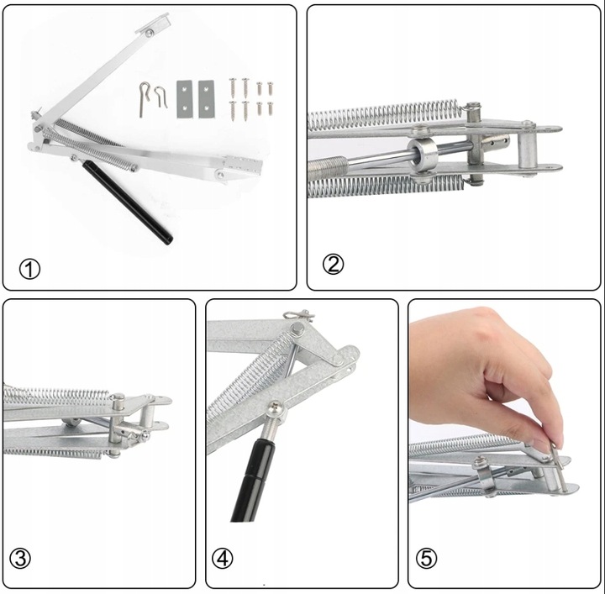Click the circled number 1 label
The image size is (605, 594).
[x=29, y=269]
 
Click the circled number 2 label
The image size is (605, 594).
[x=333, y=265]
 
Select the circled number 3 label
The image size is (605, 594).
[x=20, y=559]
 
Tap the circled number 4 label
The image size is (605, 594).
[x=222, y=559]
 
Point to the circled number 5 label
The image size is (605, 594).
[x=426, y=559]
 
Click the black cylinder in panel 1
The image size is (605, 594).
[x=128, y=202]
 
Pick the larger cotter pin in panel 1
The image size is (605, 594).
[x=144, y=99]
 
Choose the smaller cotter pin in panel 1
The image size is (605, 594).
[x=160, y=97]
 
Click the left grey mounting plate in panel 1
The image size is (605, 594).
[x=184, y=99]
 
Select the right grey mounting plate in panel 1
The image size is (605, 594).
[x=206, y=99]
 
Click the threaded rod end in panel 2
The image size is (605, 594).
[x=328, y=166]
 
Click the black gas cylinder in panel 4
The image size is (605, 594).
[x=251, y=478]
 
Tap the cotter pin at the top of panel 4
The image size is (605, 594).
[x=299, y=315]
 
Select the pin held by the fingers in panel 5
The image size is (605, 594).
[x=560, y=467]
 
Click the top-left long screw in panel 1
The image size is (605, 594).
[x=233, y=87]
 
